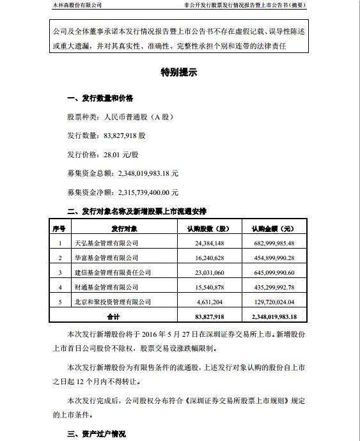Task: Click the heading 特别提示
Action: [180, 73]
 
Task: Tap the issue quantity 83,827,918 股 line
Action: [107, 136]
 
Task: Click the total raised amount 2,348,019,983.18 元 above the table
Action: [123, 173]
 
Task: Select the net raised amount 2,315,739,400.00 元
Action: [123, 192]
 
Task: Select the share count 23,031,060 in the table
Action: [208, 273]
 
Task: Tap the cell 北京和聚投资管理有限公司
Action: [113, 302]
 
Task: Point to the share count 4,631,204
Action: [208, 302]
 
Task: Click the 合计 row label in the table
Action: [113, 316]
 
